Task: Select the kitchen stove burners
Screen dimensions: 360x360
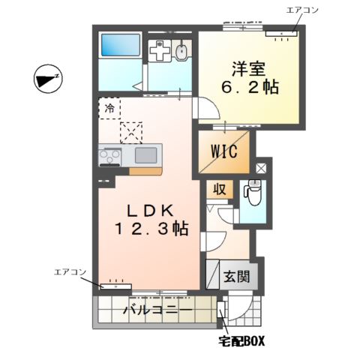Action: tap(111, 157)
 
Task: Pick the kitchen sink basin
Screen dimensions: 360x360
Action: tap(145, 155)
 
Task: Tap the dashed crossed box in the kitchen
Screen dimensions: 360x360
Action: tap(132, 133)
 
